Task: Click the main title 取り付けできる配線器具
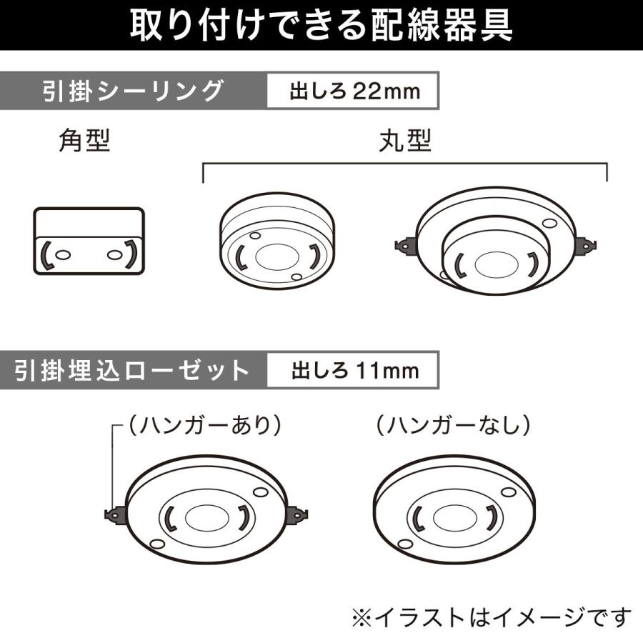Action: [x=321, y=26]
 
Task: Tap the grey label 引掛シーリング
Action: [x=132, y=92]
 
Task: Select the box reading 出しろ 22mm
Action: [x=352, y=93]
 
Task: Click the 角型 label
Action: [x=84, y=141]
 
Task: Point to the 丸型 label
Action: [x=405, y=141]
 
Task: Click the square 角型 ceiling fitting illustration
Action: [x=89, y=240]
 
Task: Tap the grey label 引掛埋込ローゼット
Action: [x=132, y=371]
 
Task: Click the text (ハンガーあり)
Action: [x=204, y=425]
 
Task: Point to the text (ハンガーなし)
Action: [x=454, y=425]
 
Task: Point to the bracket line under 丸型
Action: [x=405, y=164]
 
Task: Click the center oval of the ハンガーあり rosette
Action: [x=206, y=516]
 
